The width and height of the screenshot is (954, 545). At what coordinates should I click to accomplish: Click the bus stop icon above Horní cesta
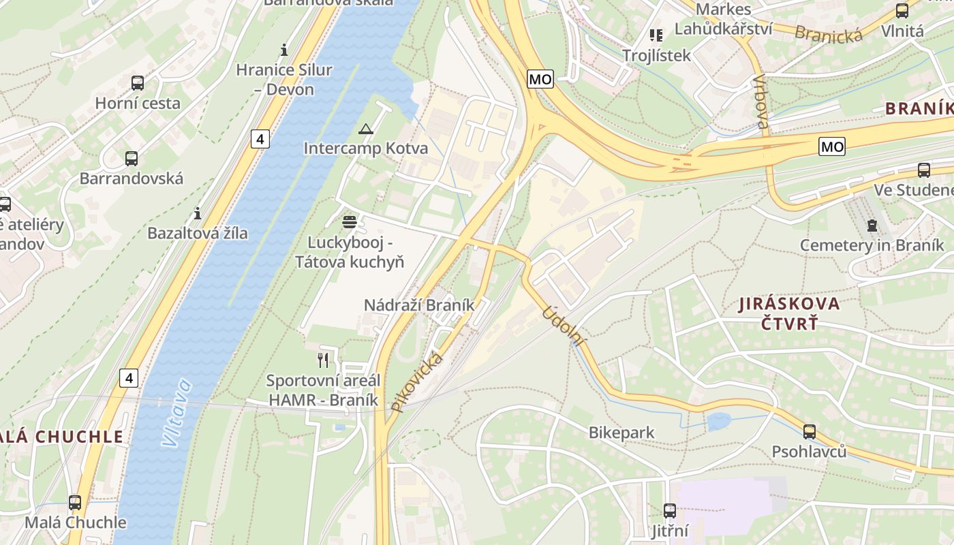tap(138, 83)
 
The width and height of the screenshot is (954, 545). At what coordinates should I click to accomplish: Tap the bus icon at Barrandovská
tap(131, 159)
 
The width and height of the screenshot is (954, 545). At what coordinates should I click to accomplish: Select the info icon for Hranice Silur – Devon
tap(284, 50)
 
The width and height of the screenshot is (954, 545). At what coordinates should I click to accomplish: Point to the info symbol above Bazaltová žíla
tap(198, 213)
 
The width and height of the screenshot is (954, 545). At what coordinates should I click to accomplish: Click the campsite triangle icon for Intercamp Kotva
tap(366, 129)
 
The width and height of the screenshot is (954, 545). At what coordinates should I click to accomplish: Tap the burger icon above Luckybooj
tap(350, 221)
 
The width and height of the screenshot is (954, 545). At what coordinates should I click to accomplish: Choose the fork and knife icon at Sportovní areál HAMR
tap(323, 360)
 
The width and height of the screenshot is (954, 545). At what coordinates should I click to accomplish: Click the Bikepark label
tap(621, 433)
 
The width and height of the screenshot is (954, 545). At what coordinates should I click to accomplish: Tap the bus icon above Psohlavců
tap(809, 431)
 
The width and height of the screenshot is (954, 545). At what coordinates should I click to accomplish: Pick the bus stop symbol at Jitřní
tap(670, 510)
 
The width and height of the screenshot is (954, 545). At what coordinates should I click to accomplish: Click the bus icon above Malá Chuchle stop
tap(75, 503)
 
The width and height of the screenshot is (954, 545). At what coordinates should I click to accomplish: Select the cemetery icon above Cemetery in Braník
tap(872, 225)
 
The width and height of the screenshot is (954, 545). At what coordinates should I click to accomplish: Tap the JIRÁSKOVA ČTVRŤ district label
tap(789, 313)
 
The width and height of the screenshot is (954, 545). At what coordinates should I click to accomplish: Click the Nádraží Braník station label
tap(418, 305)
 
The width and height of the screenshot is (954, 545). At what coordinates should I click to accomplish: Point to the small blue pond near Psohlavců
tap(718, 421)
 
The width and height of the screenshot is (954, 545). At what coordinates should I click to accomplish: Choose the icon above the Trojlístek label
tap(656, 35)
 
